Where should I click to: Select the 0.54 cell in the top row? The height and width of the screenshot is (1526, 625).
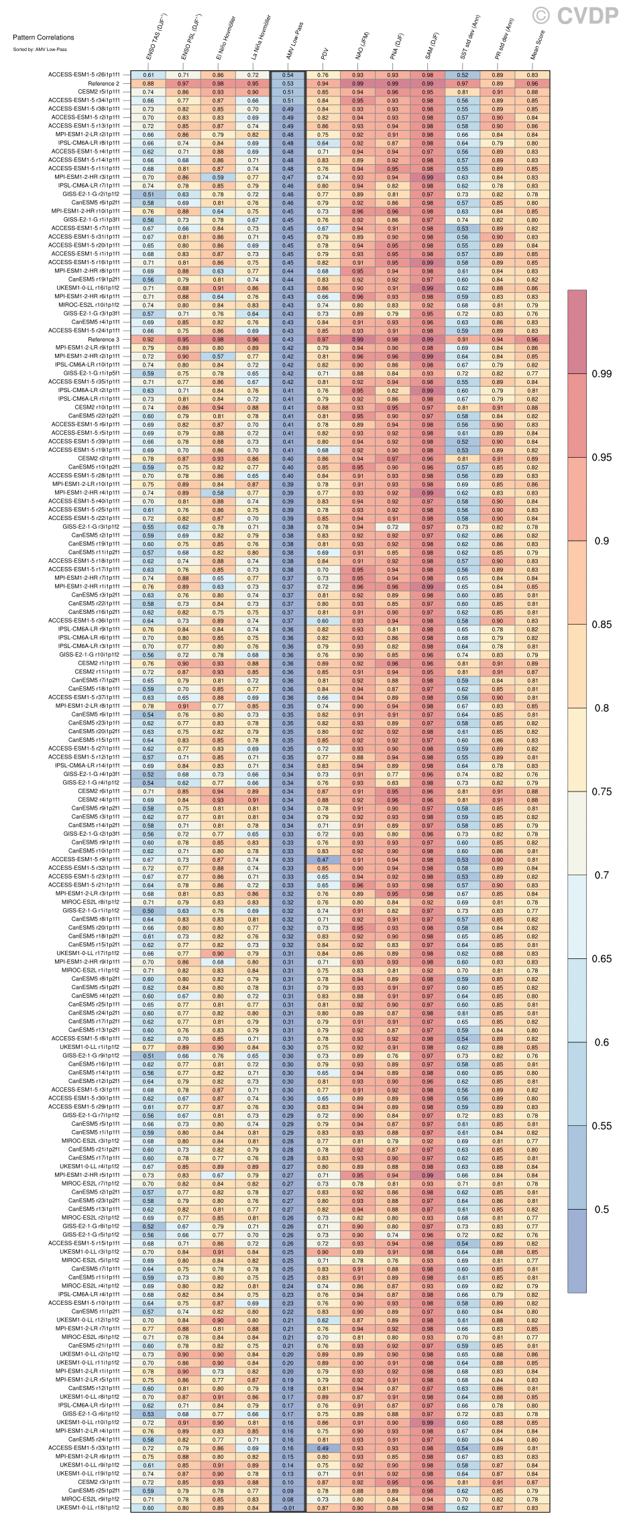(x=288, y=75)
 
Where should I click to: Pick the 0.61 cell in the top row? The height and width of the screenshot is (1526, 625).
(x=148, y=75)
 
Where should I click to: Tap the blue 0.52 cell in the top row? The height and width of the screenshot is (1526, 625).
(x=463, y=75)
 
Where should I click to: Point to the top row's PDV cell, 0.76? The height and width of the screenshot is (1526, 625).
(x=323, y=75)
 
